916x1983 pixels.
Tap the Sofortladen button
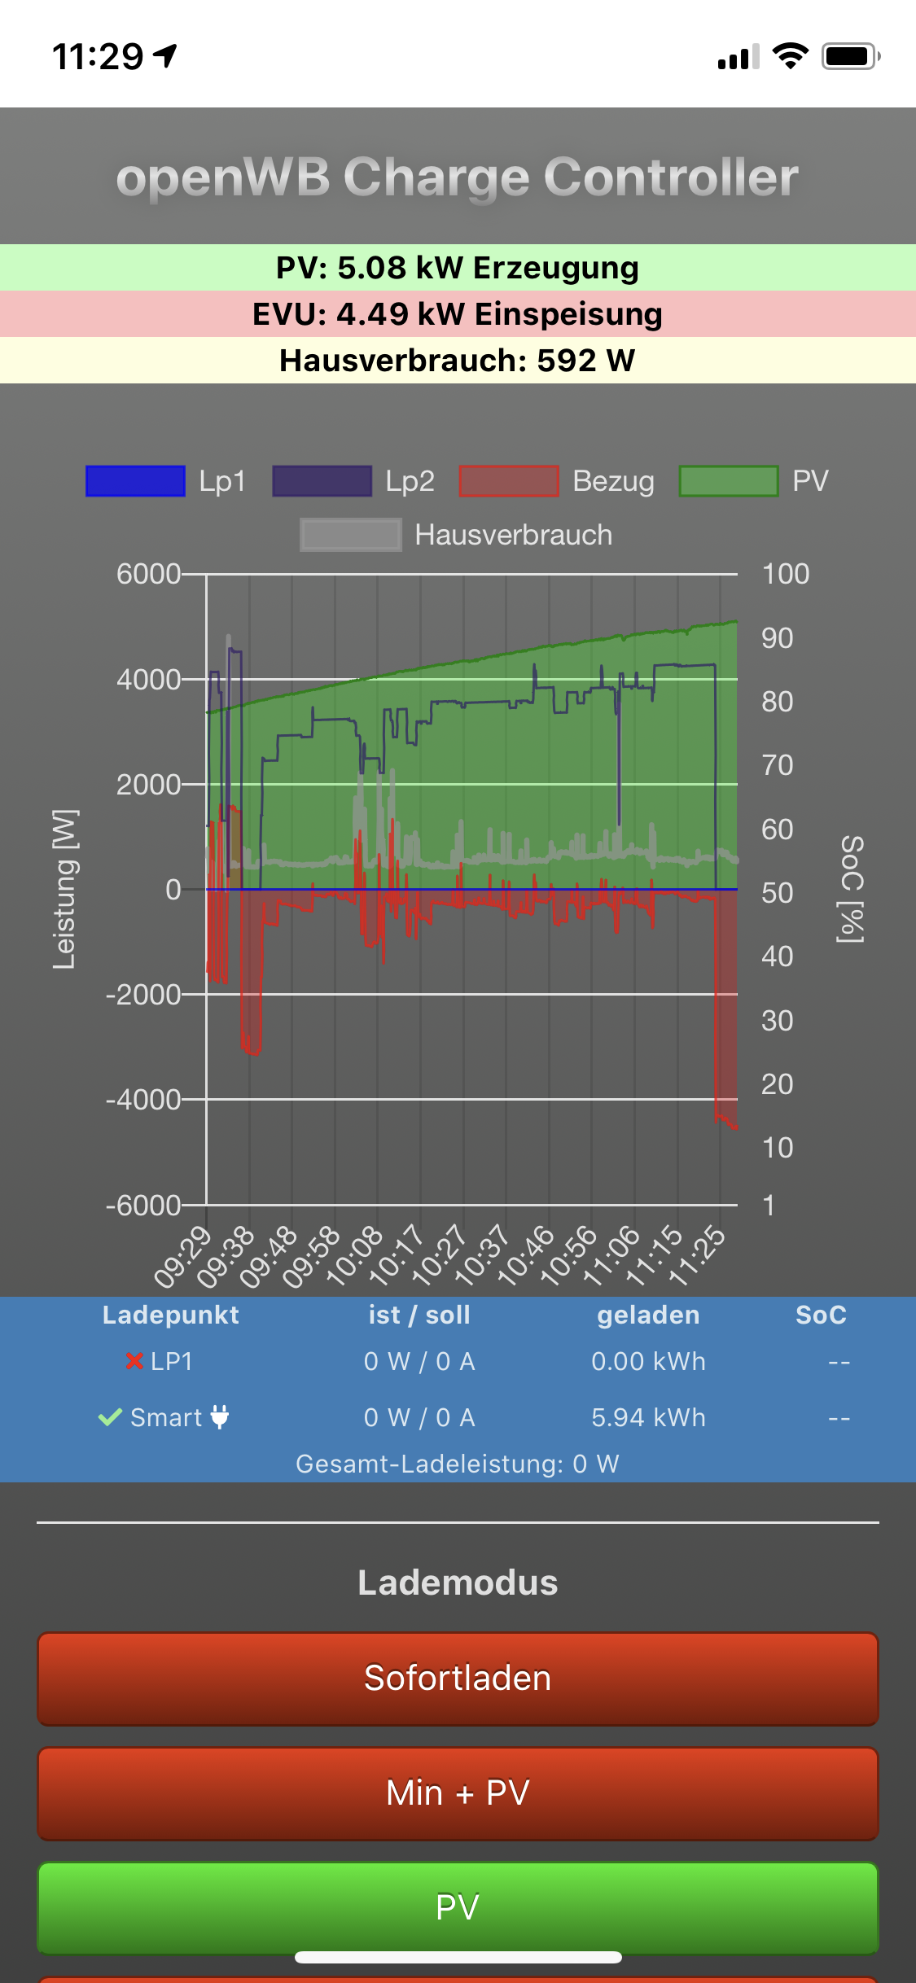[x=458, y=1679]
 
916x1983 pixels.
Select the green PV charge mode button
[x=458, y=1906]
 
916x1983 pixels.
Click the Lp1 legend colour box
[x=135, y=481]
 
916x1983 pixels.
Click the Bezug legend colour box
[x=509, y=481]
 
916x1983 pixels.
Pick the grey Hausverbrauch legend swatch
[x=350, y=535]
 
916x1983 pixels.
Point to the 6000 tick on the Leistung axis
[x=148, y=574]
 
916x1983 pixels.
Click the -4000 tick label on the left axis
[x=143, y=1100]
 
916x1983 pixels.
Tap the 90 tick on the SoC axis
[x=778, y=638]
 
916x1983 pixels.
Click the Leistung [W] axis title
[x=64, y=889]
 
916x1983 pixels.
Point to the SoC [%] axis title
[x=851, y=889]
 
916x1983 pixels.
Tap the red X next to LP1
[x=134, y=1360]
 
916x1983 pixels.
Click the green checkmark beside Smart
[x=110, y=1417]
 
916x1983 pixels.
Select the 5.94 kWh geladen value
[x=648, y=1417]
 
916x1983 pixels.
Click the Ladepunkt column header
[x=170, y=1315]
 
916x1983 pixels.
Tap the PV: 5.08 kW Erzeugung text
[x=458, y=268]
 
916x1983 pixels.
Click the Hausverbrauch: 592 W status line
[x=458, y=361]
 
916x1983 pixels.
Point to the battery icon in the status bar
[x=850, y=56]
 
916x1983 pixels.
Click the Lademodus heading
[x=458, y=1582]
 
